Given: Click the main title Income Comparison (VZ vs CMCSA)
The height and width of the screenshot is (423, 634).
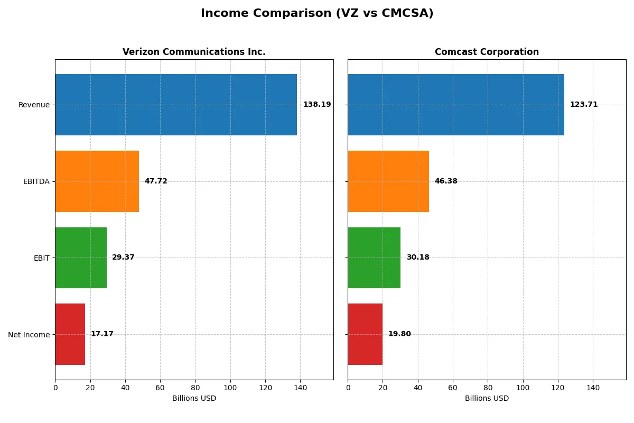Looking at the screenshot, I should pyautogui.click(x=317, y=14).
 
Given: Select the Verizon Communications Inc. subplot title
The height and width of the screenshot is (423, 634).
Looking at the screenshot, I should pyautogui.click(x=194, y=52).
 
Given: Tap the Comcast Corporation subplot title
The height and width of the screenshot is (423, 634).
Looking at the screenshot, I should pyautogui.click(x=487, y=52).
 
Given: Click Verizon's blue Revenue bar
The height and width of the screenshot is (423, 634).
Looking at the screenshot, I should pyautogui.click(x=176, y=105).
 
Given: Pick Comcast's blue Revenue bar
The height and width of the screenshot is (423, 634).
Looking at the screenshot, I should pyautogui.click(x=456, y=105).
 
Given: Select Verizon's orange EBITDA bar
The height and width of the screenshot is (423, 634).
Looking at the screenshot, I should pyautogui.click(x=97, y=181).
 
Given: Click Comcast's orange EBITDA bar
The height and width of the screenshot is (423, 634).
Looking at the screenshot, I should pyautogui.click(x=388, y=181).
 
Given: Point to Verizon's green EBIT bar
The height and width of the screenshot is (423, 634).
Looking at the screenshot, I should pyautogui.click(x=81, y=258).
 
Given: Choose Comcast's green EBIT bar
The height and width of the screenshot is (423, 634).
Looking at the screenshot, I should pyautogui.click(x=374, y=258).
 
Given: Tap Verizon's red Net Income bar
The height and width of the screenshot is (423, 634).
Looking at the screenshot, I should pyautogui.click(x=70, y=334).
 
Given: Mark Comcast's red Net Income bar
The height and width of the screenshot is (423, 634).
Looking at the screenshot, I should pyautogui.click(x=365, y=334).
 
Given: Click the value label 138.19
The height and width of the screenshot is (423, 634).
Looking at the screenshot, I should pyautogui.click(x=317, y=105).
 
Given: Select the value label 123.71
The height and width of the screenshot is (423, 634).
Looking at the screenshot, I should pyautogui.click(x=584, y=105).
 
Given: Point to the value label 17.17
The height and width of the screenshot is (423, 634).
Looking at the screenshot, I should pyautogui.click(x=102, y=334).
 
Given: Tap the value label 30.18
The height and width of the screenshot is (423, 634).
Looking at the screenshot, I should pyautogui.click(x=418, y=258).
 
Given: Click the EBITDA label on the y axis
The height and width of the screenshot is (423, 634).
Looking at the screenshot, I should pyautogui.click(x=36, y=181).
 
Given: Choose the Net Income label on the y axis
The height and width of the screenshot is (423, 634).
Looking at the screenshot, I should pyautogui.click(x=29, y=334).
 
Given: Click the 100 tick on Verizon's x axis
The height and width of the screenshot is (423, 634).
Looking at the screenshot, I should pyautogui.click(x=230, y=388).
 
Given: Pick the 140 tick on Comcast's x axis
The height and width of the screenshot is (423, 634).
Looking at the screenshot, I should pyautogui.click(x=593, y=388).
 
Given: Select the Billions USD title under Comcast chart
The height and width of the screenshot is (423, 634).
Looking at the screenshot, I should pyautogui.click(x=487, y=399).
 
